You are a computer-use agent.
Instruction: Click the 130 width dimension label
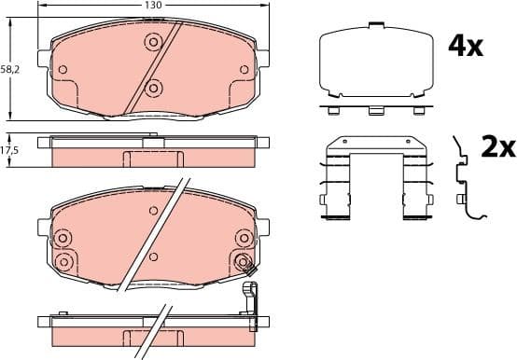point(153,6)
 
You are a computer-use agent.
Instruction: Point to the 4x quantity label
point(467,46)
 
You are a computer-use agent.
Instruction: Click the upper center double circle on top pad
point(153,41)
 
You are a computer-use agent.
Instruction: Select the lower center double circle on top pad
point(153,89)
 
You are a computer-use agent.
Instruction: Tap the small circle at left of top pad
point(63,69)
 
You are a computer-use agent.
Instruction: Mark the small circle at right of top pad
point(245,69)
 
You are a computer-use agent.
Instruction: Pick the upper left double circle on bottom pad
point(63,238)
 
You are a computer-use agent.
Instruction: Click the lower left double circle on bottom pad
point(63,260)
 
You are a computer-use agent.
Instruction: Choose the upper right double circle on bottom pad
point(243,238)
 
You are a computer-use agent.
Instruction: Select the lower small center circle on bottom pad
point(153,255)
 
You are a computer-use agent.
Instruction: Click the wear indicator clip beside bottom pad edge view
point(249,302)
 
